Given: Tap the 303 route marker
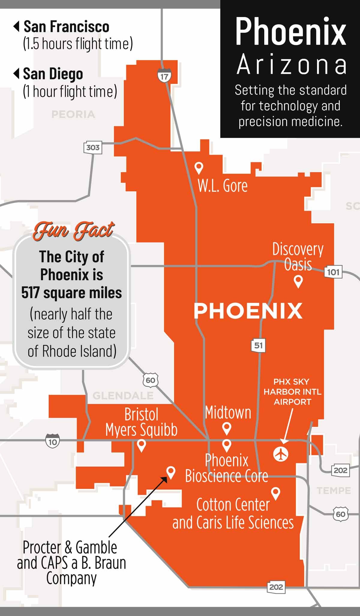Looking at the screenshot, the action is pyautogui.click(x=93, y=148).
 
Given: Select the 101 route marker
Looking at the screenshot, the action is pyautogui.click(x=333, y=272).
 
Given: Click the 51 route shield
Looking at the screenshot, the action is pyautogui.click(x=258, y=345).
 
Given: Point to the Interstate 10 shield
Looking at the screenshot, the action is pyautogui.click(x=52, y=442).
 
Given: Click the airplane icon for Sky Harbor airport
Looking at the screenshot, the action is pyautogui.click(x=281, y=454).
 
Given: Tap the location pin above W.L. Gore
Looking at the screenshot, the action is pyautogui.click(x=199, y=168).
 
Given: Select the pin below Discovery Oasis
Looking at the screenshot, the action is pyautogui.click(x=298, y=281).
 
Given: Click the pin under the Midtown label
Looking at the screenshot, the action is pyautogui.click(x=226, y=428).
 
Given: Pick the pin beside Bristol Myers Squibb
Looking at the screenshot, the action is pyautogui.click(x=141, y=445).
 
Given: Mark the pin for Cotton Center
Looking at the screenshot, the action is pyautogui.click(x=275, y=493).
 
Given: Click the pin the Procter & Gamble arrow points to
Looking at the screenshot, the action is pyautogui.click(x=171, y=472).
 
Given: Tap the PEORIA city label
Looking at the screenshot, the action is pyautogui.click(x=73, y=114).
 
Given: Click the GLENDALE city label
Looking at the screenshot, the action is pyautogui.click(x=123, y=396).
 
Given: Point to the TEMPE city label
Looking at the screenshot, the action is pyautogui.click(x=334, y=491).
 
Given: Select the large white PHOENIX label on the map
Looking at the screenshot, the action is pyautogui.click(x=248, y=311).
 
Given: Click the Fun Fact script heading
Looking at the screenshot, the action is pyautogui.click(x=73, y=231).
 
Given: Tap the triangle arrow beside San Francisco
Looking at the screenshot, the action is pyautogui.click(x=16, y=26).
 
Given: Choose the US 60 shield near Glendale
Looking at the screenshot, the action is pyautogui.click(x=150, y=380).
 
